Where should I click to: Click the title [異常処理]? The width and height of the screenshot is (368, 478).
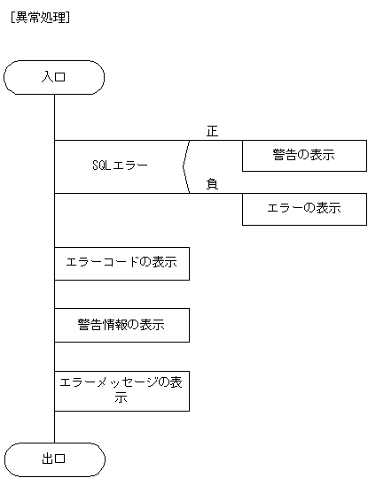(x=38, y=16)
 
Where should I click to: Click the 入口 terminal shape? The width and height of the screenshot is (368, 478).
(x=54, y=77)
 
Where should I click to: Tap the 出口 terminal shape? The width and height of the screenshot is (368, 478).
(x=54, y=459)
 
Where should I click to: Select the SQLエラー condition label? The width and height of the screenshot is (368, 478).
(x=120, y=166)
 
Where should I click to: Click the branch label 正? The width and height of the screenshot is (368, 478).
(x=212, y=131)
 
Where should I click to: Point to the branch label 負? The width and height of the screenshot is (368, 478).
(x=212, y=184)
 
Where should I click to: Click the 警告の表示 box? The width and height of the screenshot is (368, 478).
(x=303, y=156)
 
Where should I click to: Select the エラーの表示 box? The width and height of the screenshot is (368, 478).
(x=303, y=209)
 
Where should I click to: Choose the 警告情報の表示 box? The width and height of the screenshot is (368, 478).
(x=121, y=324)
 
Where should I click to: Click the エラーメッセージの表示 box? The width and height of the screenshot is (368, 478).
(x=121, y=390)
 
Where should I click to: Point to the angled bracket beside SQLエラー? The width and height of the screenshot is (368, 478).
(x=185, y=166)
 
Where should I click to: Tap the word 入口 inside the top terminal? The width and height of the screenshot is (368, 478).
(x=54, y=77)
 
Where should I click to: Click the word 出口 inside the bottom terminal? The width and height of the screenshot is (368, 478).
(x=54, y=459)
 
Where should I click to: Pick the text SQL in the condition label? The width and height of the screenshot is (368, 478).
(x=101, y=166)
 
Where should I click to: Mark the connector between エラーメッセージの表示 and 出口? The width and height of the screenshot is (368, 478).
(x=54, y=426)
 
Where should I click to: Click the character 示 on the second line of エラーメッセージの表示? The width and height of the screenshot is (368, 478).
(x=121, y=398)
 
